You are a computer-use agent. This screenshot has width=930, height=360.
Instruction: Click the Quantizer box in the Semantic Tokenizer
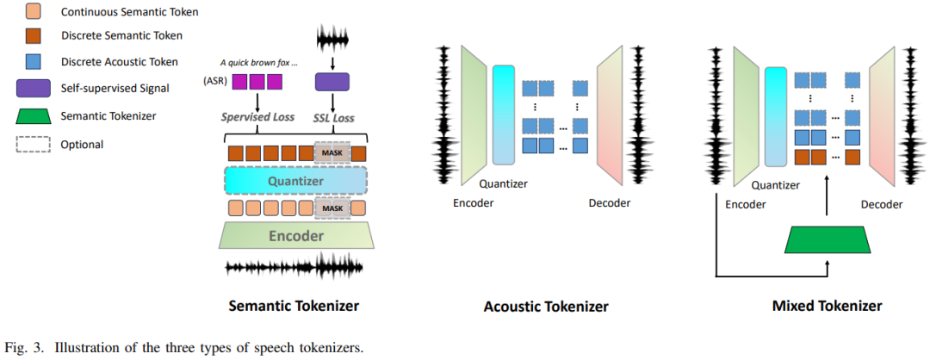tap(296, 182)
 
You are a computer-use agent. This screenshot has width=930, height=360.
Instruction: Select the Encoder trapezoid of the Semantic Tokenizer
tap(295, 236)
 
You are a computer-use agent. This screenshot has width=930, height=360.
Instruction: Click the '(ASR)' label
tap(217, 83)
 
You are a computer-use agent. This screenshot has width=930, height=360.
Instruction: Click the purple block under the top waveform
tap(332, 82)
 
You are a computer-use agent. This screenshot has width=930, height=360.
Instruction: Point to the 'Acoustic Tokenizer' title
tap(546, 307)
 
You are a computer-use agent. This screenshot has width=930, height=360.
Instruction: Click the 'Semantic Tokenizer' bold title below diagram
tap(293, 306)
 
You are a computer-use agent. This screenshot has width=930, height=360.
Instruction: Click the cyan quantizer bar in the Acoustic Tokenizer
tap(503, 114)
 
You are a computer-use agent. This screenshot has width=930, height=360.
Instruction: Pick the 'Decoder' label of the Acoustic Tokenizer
tap(609, 203)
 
